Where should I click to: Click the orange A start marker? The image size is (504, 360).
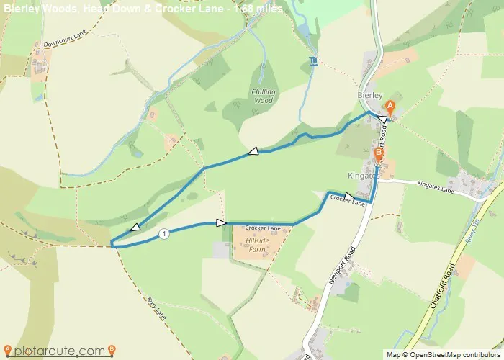(x=391, y=106)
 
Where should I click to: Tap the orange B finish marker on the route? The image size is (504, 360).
(x=379, y=153)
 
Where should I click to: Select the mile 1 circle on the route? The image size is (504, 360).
(x=164, y=233)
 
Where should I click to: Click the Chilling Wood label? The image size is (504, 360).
(x=264, y=96)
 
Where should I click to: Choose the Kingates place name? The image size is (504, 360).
(x=363, y=176)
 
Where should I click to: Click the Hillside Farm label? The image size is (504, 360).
(x=258, y=245)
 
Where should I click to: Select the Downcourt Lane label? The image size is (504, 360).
(x=65, y=44)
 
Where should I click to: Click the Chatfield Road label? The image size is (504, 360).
(x=443, y=287)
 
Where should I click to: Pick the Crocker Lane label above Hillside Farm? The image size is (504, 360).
(x=261, y=228)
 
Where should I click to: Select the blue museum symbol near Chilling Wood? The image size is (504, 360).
(x=312, y=60)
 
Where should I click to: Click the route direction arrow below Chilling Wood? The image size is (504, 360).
(x=253, y=151)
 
